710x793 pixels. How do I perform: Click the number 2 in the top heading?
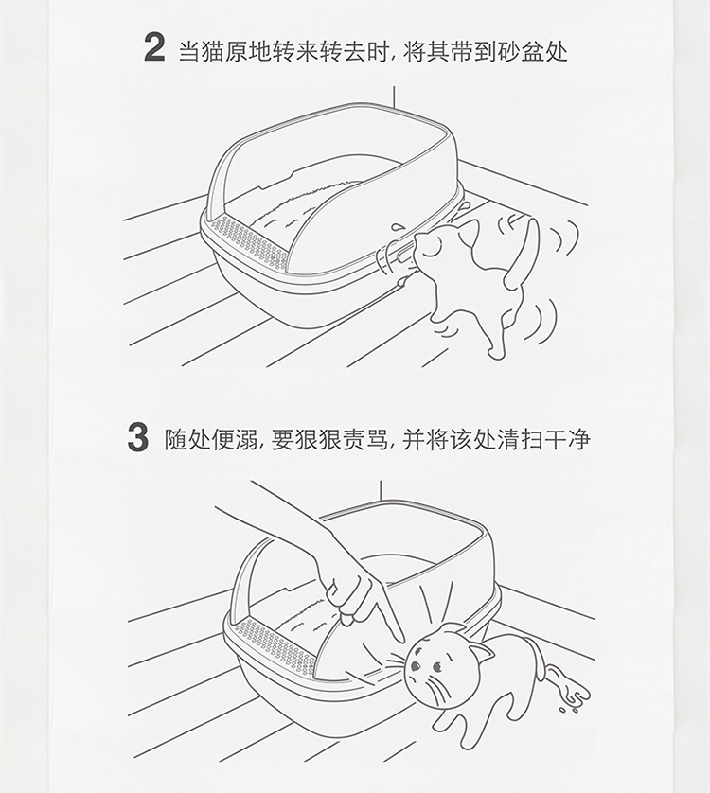154,47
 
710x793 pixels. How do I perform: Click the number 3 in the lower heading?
137,437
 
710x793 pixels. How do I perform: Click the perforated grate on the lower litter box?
275,642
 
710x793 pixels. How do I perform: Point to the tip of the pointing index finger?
401,642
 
